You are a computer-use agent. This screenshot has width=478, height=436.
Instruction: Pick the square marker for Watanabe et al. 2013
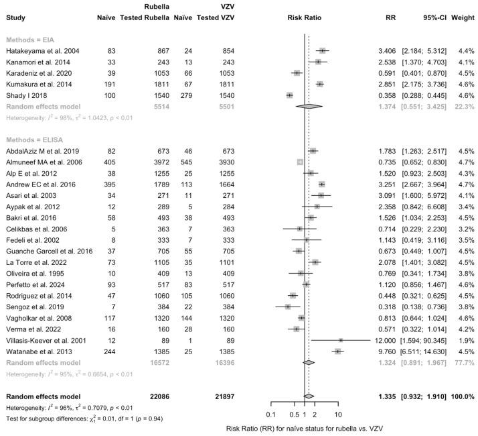click(x=337, y=351)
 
